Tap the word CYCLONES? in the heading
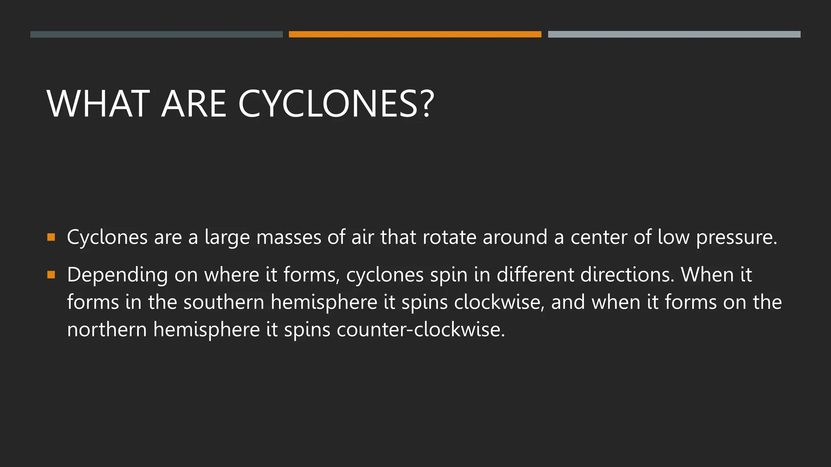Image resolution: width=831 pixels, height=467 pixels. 336,104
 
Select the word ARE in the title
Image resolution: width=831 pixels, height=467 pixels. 194,104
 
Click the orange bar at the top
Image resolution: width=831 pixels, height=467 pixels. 415,34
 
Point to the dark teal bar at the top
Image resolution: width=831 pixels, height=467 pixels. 156,34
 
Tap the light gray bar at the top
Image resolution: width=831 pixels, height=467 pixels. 674,34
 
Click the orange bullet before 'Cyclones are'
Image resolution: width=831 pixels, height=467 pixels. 51,237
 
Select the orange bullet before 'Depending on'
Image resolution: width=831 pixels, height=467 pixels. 51,275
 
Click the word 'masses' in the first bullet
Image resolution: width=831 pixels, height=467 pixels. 288,237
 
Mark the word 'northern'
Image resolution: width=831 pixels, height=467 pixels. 107,329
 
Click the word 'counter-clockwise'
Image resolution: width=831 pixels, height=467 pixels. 420,329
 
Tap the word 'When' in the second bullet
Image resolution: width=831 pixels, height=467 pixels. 707,275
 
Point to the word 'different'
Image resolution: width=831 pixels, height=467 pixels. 535,275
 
